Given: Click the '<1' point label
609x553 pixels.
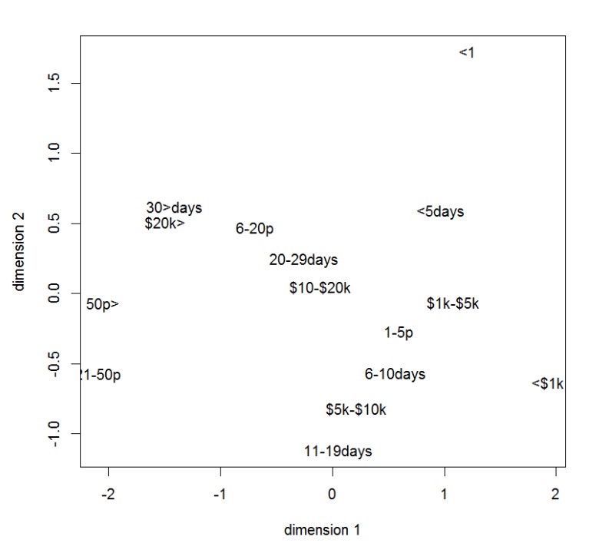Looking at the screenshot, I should [467, 52].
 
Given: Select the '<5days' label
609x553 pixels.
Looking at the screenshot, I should [440, 211].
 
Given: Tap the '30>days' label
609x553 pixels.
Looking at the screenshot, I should [174, 207].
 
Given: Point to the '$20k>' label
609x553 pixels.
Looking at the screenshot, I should [164, 224].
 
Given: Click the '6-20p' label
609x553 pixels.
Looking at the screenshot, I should [254, 229].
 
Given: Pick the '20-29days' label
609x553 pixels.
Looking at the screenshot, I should [303, 260].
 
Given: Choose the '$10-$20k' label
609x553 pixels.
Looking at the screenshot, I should [319, 288].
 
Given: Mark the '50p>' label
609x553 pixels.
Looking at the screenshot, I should [102, 304].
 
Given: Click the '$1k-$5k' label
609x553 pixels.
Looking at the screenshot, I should [452, 303].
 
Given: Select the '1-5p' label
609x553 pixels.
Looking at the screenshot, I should [399, 333].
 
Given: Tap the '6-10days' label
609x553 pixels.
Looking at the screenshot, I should [395, 374].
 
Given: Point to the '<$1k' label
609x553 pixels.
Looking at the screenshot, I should [548, 383].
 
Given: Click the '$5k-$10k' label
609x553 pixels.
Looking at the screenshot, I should [356, 409].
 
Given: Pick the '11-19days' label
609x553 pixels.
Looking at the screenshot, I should [338, 451].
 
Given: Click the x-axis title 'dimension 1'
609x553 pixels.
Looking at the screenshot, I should [322, 529].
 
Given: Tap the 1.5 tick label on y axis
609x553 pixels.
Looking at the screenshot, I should [54, 83].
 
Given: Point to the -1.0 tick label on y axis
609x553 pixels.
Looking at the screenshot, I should [54, 434].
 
